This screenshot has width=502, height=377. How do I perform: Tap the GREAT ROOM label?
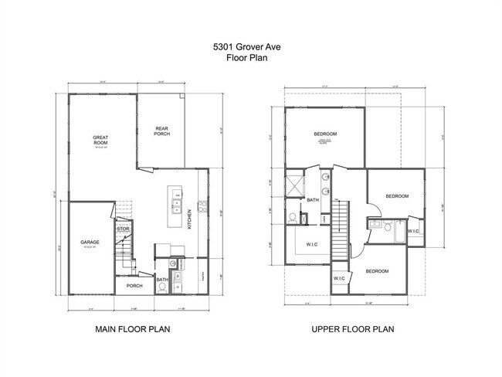101,141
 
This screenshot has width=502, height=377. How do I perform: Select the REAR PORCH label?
161,131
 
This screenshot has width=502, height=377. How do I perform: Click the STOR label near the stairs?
122,229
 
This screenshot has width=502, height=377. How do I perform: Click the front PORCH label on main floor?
134,286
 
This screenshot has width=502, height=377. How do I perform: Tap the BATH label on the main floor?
162,280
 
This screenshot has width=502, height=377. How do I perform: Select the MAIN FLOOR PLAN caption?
133,329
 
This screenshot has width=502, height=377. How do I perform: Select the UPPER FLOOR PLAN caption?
353,329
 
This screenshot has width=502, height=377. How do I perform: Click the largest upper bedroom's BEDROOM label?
325,134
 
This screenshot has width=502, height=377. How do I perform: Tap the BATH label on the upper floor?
313,200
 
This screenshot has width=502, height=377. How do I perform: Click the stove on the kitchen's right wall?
202,206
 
